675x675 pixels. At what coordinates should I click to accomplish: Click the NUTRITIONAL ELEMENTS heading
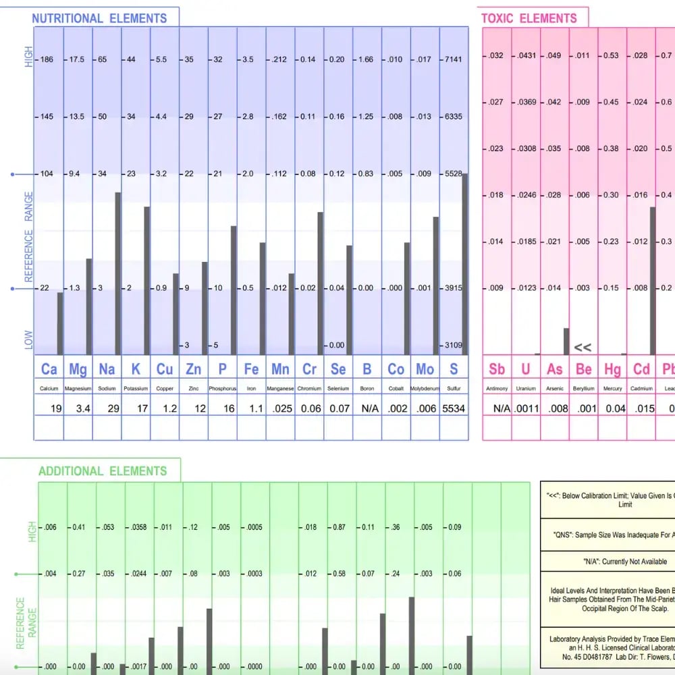click(99, 18)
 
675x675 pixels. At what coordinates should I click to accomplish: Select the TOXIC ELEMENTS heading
click(529, 18)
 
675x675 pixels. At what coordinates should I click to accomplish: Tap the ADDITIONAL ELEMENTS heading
click(103, 471)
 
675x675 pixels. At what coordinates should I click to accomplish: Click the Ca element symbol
click(49, 369)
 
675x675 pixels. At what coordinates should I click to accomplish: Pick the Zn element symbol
click(193, 369)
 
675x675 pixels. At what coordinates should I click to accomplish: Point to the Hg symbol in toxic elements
click(612, 369)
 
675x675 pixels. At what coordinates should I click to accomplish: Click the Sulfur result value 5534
click(454, 408)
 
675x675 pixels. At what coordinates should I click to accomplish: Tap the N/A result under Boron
click(367, 408)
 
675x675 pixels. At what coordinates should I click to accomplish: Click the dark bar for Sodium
click(117, 273)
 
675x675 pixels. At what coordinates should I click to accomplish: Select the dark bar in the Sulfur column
click(464, 264)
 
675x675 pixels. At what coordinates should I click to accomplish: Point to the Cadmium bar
click(653, 280)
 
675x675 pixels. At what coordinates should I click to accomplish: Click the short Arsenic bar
click(566, 341)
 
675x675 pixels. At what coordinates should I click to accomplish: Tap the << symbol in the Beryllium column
click(583, 348)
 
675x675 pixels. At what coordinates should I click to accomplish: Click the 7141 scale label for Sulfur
click(452, 59)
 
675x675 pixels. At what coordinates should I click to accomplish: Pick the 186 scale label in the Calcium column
click(47, 59)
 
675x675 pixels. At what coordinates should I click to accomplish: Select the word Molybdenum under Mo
click(425, 389)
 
